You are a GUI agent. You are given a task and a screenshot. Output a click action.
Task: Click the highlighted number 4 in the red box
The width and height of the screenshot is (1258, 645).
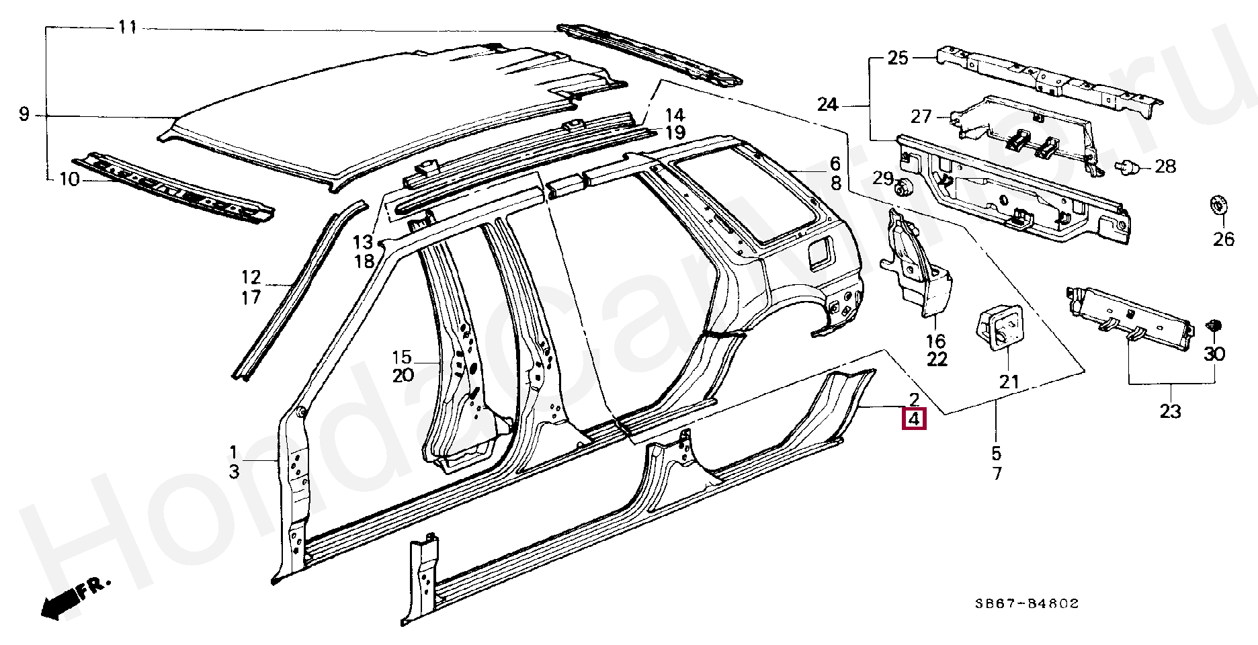coord(914,420)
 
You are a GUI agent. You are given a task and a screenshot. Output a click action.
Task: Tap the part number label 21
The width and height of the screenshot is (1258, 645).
coord(1009,382)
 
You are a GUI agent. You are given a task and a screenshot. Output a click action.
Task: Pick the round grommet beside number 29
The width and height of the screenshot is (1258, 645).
coord(904,187)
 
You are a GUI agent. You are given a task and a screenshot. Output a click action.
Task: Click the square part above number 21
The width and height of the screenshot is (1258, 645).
coord(999,327)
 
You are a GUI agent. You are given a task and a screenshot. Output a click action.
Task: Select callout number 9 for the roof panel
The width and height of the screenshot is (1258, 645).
coord(24,115)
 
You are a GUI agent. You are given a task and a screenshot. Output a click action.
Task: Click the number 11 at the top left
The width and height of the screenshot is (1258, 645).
coord(127,28)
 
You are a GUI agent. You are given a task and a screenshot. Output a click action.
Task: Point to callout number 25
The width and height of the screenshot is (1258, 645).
coord(898,58)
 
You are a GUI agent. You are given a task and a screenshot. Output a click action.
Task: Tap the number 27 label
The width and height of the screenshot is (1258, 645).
coord(921,116)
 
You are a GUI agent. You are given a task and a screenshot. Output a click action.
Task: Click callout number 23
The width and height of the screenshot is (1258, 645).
coord(1170,411)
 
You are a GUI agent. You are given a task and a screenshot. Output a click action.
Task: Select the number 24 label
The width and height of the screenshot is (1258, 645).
coord(828,104)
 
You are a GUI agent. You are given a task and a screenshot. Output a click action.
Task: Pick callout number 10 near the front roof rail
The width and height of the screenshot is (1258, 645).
coord(69,179)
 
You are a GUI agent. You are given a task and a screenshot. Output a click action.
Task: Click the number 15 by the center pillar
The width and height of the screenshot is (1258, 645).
coord(401,356)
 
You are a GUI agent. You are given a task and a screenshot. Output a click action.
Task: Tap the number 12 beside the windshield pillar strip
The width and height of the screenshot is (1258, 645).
coord(251,277)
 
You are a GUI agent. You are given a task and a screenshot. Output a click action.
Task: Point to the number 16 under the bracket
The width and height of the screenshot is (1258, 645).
coord(936,341)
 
